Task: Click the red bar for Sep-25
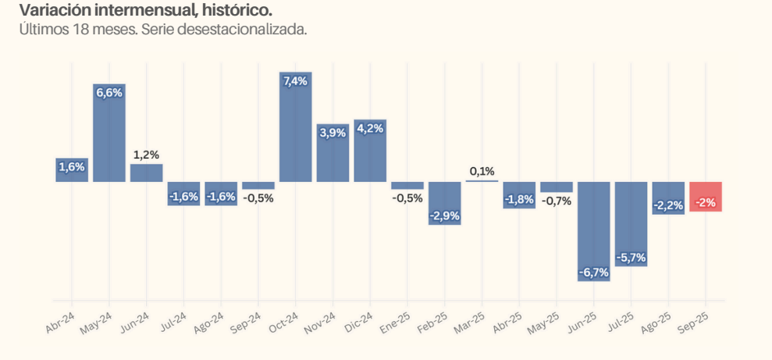click(706, 196)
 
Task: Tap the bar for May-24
click(109, 133)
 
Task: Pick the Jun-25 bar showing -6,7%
click(594, 230)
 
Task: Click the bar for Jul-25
click(631, 223)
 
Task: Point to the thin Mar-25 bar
click(482, 181)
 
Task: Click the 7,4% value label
click(296, 81)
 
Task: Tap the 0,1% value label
click(482, 171)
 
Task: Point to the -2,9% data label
click(445, 216)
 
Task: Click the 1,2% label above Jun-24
click(146, 155)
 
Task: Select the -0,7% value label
click(557, 201)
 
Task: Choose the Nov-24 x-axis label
click(321, 323)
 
